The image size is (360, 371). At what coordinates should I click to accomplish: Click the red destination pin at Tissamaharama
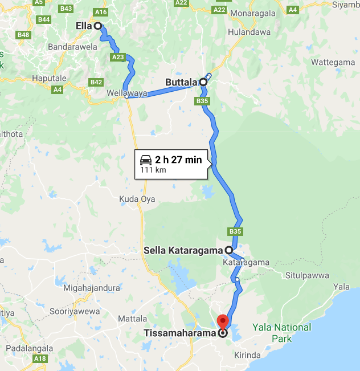[x=223, y=321]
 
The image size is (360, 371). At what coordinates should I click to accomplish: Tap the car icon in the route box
[x=146, y=160]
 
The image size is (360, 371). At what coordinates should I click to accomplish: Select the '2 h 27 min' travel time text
[x=178, y=160]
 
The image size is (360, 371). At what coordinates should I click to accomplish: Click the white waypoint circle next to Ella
[x=98, y=26]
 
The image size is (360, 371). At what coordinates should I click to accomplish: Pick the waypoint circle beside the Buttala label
[x=203, y=82]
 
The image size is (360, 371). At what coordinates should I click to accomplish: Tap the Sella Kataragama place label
[x=183, y=250]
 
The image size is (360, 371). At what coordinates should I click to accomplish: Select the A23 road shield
[x=118, y=57]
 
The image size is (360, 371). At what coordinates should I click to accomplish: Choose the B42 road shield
[x=96, y=83]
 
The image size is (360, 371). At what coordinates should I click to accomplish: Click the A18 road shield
[x=40, y=359]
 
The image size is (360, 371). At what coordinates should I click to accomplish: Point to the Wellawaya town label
[x=127, y=93]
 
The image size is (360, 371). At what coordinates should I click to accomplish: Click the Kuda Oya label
[x=137, y=199]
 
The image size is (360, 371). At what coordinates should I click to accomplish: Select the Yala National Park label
[x=285, y=333]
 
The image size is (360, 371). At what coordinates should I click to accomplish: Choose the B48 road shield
[x=23, y=35]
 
